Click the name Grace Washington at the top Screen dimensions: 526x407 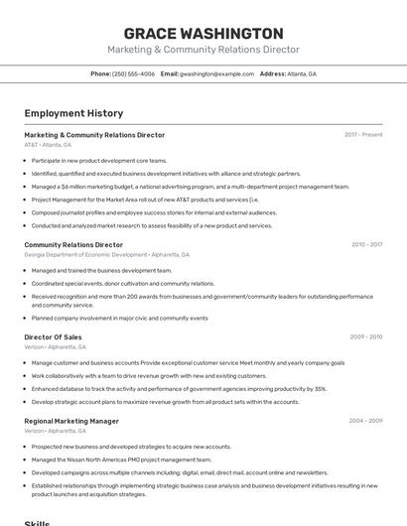203,34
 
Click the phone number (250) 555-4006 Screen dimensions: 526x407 133,73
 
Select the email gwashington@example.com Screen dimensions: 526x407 216,73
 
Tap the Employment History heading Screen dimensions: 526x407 73,113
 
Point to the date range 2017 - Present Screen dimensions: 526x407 363,135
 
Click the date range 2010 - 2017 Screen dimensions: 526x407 366,244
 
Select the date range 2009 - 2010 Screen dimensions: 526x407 366,337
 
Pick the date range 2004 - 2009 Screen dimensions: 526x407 366,421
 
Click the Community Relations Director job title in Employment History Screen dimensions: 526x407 73,244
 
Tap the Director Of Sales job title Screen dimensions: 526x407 53,337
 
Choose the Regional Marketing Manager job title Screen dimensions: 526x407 71,421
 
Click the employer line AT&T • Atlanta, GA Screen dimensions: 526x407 48,145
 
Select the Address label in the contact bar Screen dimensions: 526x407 273,73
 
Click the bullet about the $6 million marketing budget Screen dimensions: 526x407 190,186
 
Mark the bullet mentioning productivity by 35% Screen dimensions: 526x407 179,389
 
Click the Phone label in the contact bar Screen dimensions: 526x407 100,73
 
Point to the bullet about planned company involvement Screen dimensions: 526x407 119,318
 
